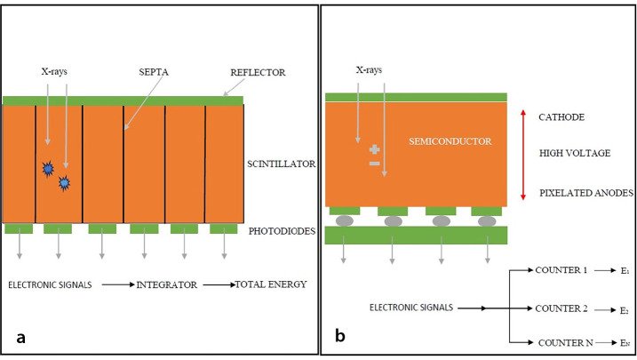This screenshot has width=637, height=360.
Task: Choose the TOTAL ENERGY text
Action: point(270,285)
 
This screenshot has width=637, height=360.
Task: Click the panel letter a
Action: point(20,336)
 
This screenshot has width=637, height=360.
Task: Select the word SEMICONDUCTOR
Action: point(450,142)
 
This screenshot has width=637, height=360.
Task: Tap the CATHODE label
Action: point(560,117)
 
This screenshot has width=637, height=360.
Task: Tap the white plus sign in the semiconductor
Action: point(374,148)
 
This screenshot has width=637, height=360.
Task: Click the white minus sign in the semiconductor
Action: point(374,164)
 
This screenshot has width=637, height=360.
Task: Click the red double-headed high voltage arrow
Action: point(522,154)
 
